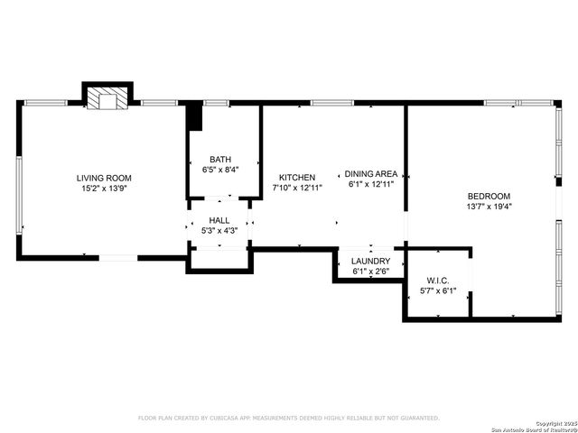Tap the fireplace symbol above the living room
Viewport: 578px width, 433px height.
point(107,98)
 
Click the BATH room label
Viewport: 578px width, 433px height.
point(220,159)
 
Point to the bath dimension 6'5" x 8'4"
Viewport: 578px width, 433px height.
point(220,169)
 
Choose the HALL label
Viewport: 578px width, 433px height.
point(219,220)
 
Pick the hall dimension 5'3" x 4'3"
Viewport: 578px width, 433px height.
point(219,231)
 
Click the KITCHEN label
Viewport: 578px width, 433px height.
point(296,178)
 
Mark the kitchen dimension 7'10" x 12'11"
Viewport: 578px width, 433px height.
point(297,189)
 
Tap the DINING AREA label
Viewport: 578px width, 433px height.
point(371,173)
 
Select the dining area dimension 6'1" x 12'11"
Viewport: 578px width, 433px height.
point(371,184)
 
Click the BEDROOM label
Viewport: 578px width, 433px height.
point(489,196)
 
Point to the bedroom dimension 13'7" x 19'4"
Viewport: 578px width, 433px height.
point(489,207)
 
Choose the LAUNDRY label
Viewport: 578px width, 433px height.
point(370,261)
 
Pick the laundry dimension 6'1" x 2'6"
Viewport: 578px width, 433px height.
point(370,271)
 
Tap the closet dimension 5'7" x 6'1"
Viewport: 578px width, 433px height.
point(438,291)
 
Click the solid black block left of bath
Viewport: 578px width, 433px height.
point(192,117)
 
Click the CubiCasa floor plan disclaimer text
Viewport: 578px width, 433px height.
point(288,418)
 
